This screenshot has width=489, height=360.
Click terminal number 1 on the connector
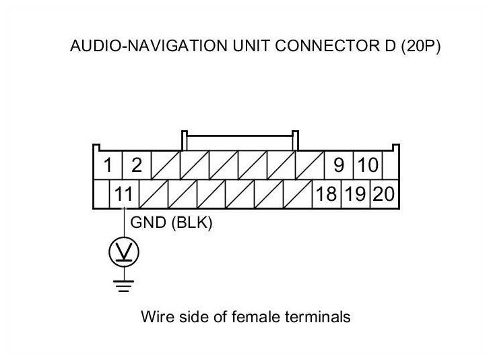(x=108, y=165)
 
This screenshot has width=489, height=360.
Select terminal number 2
(x=137, y=165)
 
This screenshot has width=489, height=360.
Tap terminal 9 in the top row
(x=339, y=165)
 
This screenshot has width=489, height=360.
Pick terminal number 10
(x=368, y=165)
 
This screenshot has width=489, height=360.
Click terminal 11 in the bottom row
(x=124, y=194)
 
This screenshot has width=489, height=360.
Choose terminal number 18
(x=327, y=194)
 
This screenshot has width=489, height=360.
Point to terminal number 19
(x=356, y=194)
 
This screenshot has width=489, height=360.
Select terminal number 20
(x=384, y=194)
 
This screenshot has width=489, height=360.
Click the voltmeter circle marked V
(x=124, y=252)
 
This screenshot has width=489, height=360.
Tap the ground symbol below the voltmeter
(x=124, y=286)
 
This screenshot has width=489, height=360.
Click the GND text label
(x=148, y=222)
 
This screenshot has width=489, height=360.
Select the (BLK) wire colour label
(x=192, y=223)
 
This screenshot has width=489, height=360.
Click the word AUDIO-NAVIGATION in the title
(x=149, y=46)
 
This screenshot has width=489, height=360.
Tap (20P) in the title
(x=421, y=47)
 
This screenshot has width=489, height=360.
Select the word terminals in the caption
(x=318, y=317)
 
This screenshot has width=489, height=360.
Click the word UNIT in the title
(x=251, y=46)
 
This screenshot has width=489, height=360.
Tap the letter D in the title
(x=390, y=46)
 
